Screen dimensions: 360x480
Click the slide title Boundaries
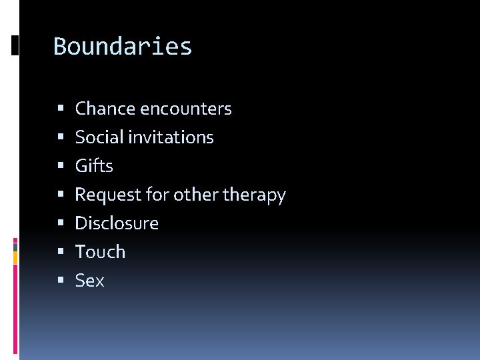(x=123, y=47)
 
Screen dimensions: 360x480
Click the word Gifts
(x=94, y=166)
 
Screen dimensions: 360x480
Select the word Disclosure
(x=117, y=223)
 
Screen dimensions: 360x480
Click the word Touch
(x=100, y=252)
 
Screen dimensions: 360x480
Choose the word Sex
(x=89, y=281)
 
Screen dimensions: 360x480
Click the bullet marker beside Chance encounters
(x=61, y=109)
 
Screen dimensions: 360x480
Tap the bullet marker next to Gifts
(x=61, y=166)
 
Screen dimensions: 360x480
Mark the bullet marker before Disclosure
(x=61, y=223)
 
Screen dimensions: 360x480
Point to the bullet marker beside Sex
(x=61, y=281)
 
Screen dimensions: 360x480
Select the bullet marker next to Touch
(x=61, y=252)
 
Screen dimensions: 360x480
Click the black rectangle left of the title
(x=15, y=45)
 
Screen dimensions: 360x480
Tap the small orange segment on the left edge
(x=15, y=256)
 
